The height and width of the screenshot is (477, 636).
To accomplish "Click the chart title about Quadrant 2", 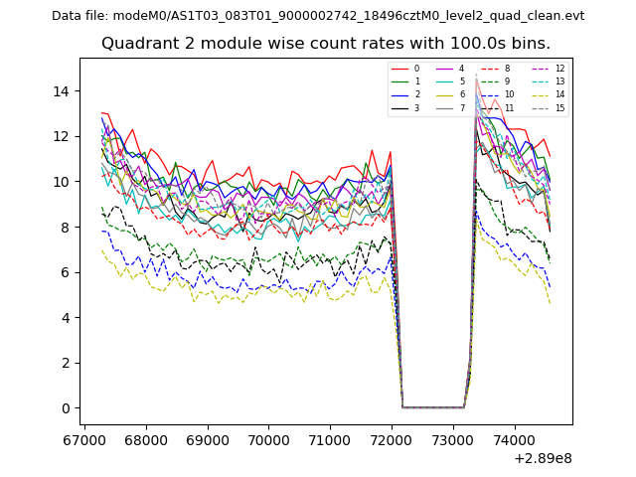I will point(325,44).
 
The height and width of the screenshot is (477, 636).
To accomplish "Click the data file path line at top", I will point(318,16).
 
